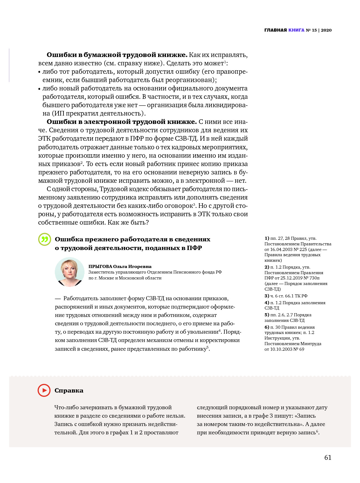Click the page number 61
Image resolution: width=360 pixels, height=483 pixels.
pos(328,458)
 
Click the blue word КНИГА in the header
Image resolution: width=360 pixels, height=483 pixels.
pos(296,30)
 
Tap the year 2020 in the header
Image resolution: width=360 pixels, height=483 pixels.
pos(326,30)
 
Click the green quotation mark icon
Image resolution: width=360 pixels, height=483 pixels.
pos(45,239)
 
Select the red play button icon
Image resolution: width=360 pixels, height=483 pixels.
pos(44,390)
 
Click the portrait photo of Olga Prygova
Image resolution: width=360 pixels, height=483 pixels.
pos(70,272)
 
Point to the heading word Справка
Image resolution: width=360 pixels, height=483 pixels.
pos(69,390)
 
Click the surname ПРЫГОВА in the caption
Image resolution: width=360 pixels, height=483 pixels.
pos(100,266)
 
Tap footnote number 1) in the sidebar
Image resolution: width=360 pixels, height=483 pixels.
pos(267,238)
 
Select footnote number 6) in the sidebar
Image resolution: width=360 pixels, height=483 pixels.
pos(267,327)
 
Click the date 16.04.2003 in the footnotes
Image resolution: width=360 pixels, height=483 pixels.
pos(282,249)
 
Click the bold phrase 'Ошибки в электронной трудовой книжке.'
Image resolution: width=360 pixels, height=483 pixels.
pos(122,122)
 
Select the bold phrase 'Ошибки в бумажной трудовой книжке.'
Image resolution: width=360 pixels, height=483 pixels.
pos(117,55)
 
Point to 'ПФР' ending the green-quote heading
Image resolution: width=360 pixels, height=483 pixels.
pos(194,248)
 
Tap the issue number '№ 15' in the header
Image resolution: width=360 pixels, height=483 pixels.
pos(311,30)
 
